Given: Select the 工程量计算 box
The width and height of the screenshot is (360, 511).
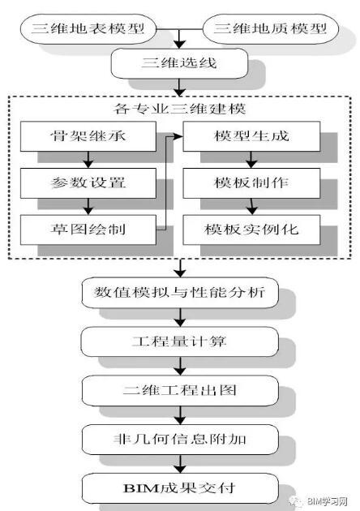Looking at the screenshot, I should tap(179, 341).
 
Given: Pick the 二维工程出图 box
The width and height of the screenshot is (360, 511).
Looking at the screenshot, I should tap(179, 390).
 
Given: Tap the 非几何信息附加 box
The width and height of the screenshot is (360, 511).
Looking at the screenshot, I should tap(179, 439).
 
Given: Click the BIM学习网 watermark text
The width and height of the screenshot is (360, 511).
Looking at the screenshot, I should tap(324, 501).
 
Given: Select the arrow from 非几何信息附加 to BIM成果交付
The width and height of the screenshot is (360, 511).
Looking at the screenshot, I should tap(179, 463).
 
